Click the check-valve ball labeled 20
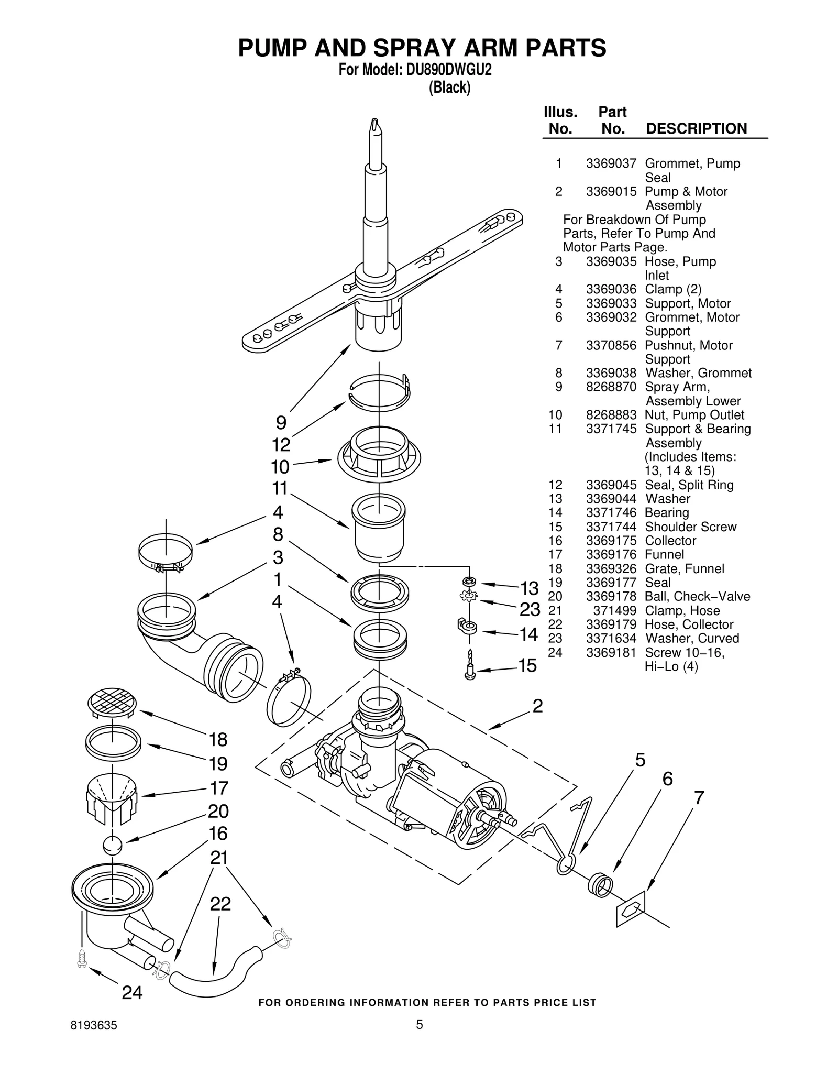point(112,845)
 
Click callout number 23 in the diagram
point(530,609)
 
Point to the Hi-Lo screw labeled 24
point(81,958)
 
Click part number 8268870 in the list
point(611,387)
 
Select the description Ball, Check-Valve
point(697,596)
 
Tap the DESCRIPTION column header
point(696,128)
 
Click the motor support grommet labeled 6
point(600,885)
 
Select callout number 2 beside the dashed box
point(537,706)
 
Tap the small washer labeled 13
point(469,581)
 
